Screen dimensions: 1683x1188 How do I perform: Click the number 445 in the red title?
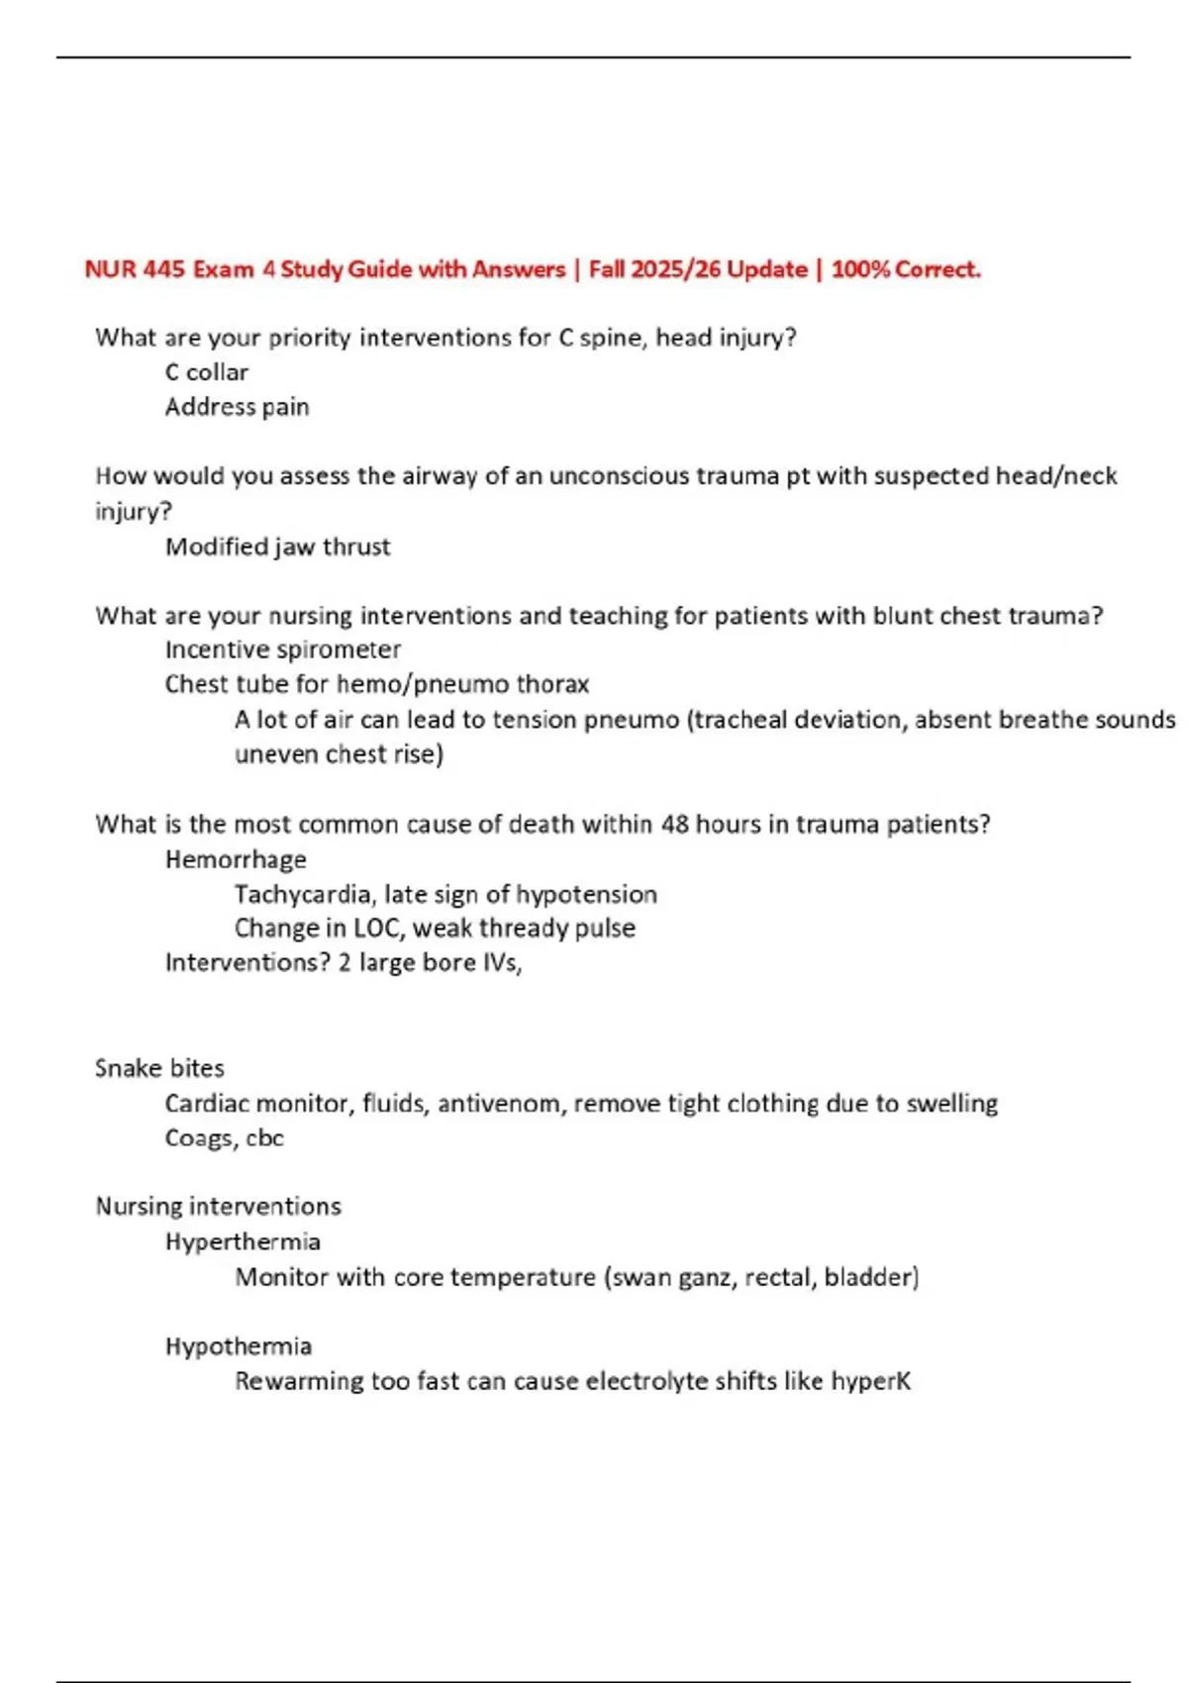tap(163, 269)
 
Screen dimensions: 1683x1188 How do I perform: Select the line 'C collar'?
tap(206, 372)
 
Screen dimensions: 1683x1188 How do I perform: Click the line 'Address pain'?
tap(237, 407)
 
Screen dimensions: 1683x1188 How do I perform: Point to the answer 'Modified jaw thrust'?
tap(277, 546)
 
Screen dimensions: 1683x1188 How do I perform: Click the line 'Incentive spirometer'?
tap(282, 649)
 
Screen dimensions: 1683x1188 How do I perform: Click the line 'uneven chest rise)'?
tap(339, 754)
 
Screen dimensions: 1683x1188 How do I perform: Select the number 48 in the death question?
tap(674, 824)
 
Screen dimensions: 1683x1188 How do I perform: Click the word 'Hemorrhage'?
tap(236, 859)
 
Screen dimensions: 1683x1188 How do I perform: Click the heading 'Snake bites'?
tap(159, 1068)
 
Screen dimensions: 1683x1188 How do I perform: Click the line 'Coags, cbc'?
tap(224, 1138)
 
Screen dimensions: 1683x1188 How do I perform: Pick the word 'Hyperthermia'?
tap(243, 1241)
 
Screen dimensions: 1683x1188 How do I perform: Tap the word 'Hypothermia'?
tap(238, 1346)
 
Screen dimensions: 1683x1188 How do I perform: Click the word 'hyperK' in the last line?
tap(870, 1381)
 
